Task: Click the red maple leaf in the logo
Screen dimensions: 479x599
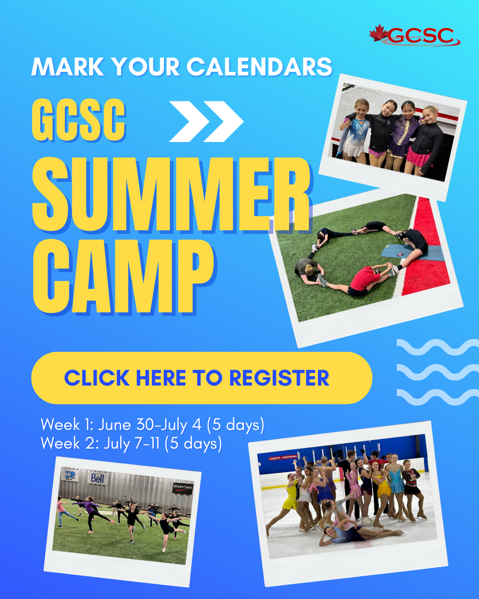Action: [378, 33]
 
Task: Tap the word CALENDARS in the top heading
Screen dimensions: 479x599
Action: [259, 67]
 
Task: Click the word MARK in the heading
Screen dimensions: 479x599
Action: [67, 67]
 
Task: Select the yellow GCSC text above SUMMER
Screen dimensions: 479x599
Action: [79, 120]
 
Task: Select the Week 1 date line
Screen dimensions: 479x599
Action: [153, 425]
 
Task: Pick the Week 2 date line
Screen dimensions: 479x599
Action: [131, 443]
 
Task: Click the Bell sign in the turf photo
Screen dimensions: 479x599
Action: [98, 478]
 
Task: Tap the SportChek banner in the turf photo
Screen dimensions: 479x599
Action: [183, 487]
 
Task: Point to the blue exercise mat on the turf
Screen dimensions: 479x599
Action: [412, 252]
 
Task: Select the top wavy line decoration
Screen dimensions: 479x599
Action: [438, 347]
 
